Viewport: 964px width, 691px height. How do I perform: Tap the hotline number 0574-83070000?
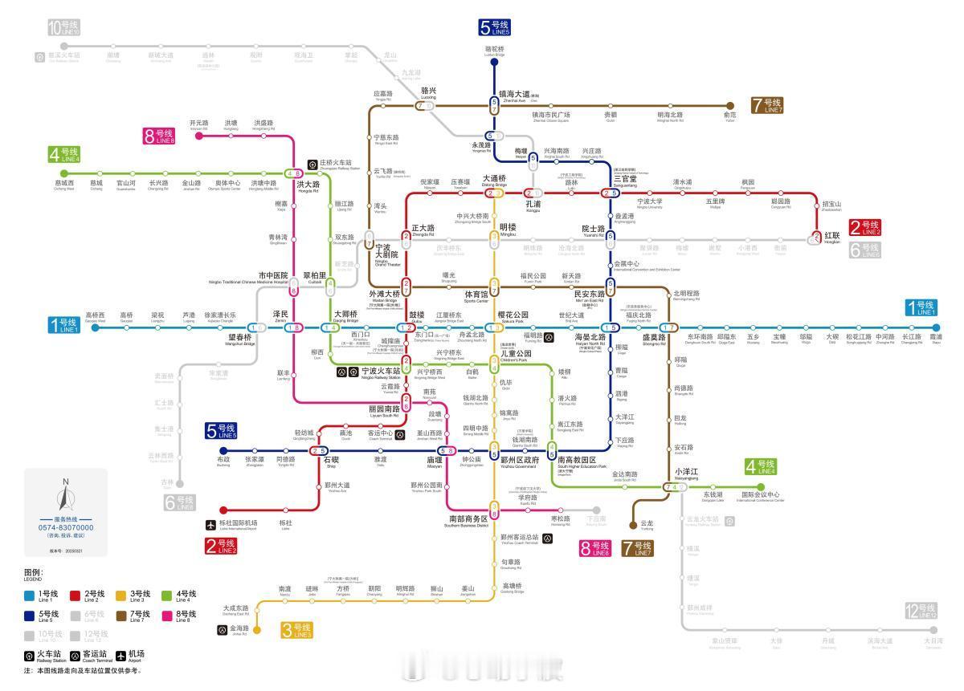click(x=67, y=527)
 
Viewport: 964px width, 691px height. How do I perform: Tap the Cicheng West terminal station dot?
click(x=63, y=173)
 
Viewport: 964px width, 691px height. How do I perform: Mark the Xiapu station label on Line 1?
click(x=936, y=337)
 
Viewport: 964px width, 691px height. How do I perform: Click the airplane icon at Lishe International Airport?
click(x=210, y=525)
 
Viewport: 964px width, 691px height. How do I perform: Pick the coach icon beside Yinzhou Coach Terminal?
click(x=548, y=539)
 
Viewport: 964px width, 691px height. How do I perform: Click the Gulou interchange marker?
click(x=406, y=327)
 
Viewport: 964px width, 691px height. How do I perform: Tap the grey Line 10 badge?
click(x=64, y=28)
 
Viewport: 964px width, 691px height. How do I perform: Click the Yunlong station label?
click(x=647, y=523)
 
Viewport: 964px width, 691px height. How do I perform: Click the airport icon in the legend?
click(x=121, y=656)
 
